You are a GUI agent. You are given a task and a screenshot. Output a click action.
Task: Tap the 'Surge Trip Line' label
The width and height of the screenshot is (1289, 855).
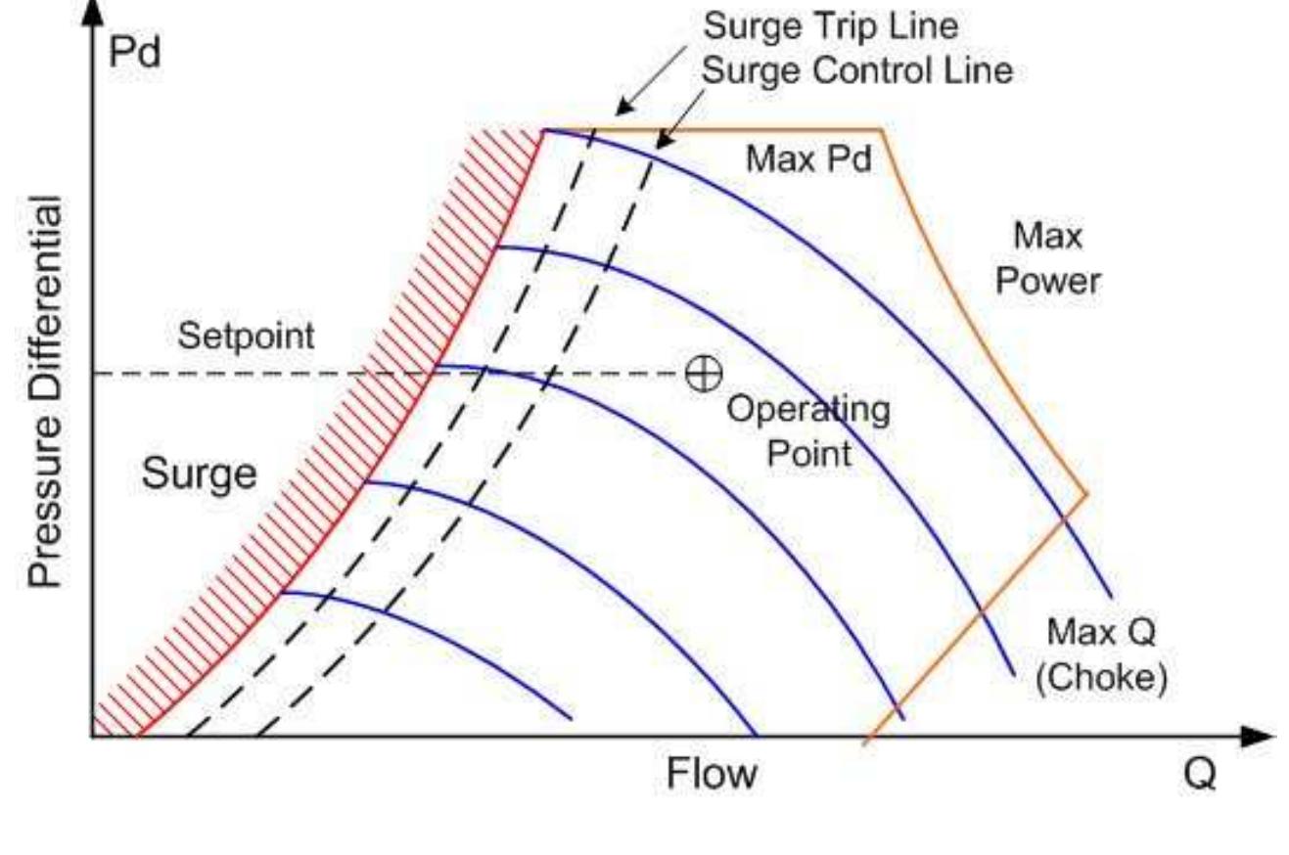[831, 26]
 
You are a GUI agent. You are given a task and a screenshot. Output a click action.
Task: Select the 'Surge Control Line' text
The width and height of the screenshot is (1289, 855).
[858, 70]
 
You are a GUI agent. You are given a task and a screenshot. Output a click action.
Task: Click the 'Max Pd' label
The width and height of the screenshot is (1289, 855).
[808, 158]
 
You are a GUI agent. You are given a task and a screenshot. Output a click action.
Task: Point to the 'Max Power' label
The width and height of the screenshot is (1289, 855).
[1047, 259]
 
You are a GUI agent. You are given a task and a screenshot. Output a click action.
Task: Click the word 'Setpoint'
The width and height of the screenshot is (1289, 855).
[246, 337]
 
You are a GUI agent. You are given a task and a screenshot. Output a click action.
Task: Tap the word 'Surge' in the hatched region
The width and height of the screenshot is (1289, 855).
[199, 475]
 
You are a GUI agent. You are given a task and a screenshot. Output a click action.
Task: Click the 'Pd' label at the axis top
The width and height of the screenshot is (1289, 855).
[135, 52]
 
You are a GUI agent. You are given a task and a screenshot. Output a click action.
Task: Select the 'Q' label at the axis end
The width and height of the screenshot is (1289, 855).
[1200, 774]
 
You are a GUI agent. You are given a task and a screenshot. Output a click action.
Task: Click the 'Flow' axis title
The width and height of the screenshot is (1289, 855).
[712, 774]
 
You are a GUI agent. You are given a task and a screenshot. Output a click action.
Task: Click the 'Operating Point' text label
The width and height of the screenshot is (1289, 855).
[808, 431]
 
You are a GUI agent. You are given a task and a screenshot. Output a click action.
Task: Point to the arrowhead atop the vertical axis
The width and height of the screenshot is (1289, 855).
[92, 12]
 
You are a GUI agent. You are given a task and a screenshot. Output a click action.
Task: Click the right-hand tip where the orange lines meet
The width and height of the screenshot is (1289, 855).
[1086, 493]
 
